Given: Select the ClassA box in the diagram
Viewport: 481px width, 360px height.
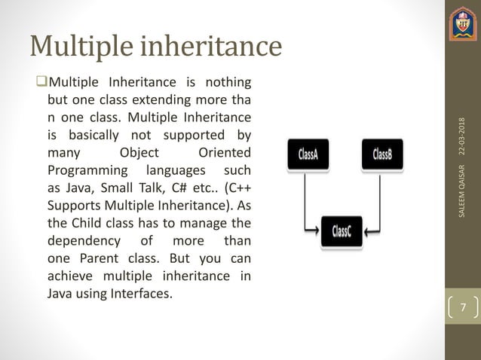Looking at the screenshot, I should [x=308, y=155].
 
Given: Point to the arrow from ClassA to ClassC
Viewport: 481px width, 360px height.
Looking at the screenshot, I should [x=305, y=211].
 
